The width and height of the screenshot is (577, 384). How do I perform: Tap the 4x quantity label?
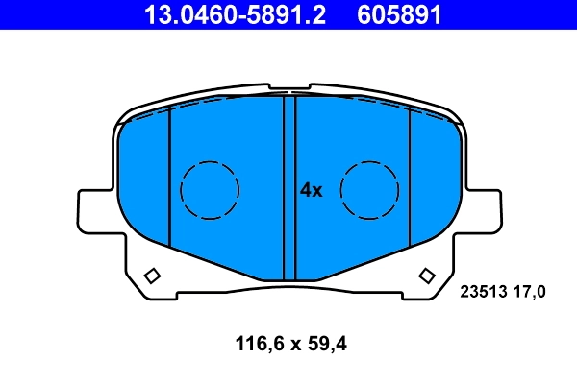pos(311,190)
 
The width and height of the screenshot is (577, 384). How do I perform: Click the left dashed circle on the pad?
pos(210,188)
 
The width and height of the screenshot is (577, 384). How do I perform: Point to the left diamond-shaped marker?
pos(151,277)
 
